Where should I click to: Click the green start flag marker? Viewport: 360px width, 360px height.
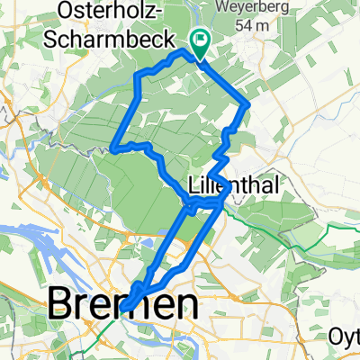[199, 39]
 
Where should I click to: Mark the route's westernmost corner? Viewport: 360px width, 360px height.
[112, 148]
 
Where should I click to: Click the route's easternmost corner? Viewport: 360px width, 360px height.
[248, 105]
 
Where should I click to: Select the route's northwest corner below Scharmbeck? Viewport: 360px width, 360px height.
[136, 74]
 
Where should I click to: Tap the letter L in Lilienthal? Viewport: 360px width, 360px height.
[196, 185]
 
